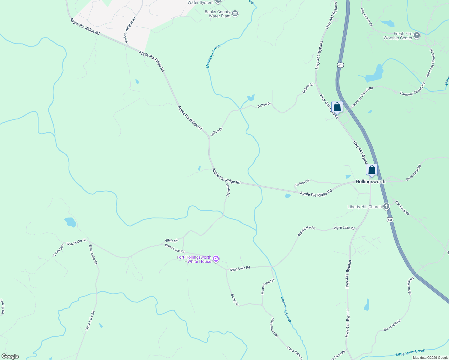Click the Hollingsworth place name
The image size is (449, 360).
point(370,181)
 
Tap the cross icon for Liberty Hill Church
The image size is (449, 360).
point(386,206)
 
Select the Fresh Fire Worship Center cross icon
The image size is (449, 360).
point(417,36)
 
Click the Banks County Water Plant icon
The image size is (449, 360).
point(235,13)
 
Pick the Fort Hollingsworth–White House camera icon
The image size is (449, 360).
point(215,259)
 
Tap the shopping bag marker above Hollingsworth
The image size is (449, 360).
point(372,170)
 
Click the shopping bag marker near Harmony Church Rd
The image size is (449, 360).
point(337,107)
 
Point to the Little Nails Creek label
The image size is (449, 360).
point(410,352)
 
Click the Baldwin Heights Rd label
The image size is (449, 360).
point(131,30)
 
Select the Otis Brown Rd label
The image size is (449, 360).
point(366,17)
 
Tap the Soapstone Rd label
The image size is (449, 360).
point(414,173)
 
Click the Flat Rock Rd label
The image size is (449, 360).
point(402,208)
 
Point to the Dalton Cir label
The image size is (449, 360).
point(302,183)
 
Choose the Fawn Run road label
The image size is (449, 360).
point(59,250)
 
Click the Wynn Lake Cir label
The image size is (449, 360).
point(77,242)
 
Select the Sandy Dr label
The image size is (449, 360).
point(234,300)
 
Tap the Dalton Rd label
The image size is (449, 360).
point(308,88)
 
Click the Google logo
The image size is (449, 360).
point(10,356)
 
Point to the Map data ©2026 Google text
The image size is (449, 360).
point(430,358)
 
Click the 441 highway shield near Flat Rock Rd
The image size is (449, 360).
point(390,220)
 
